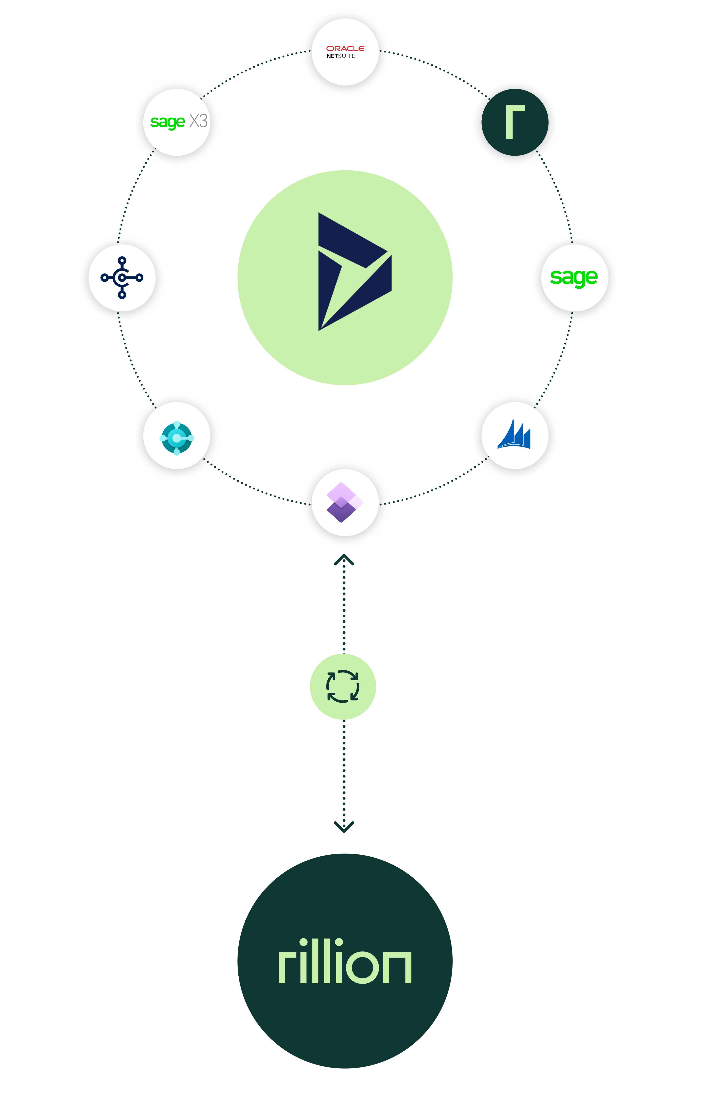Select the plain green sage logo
(574, 277)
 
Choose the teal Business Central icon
(177, 437)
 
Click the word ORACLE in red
(345, 48)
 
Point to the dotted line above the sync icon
(344, 607)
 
